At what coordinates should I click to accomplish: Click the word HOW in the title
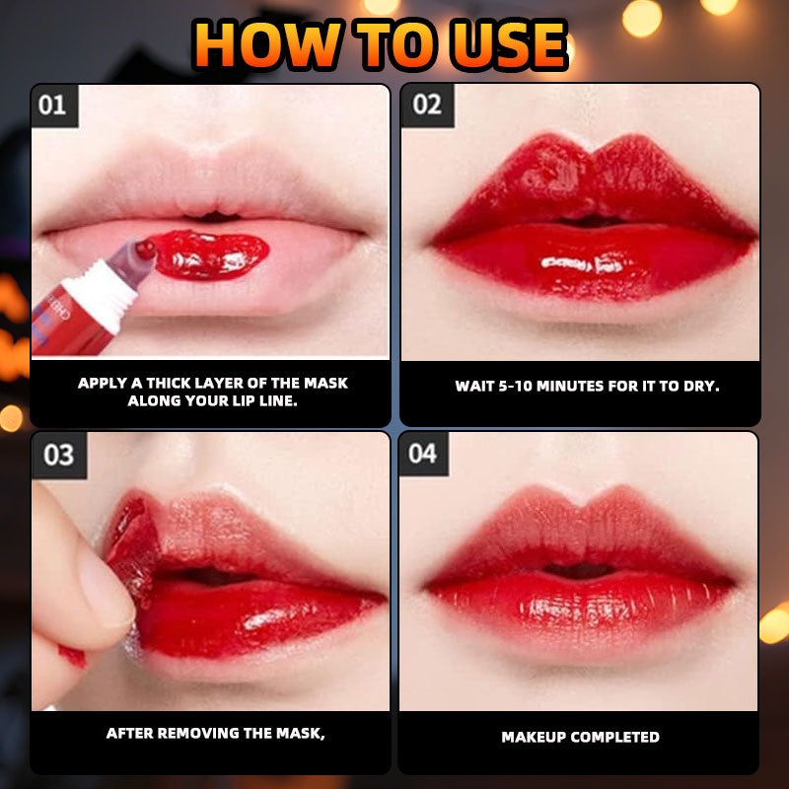pos(266,45)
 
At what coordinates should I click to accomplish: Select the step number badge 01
pos(53,106)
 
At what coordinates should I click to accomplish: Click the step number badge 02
pos(427,105)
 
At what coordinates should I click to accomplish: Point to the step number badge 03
pos(58,455)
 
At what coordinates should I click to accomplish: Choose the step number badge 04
pos(423,454)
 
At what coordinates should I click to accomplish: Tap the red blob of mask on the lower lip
pos(211,254)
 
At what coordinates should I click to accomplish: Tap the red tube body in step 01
pos(70,323)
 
